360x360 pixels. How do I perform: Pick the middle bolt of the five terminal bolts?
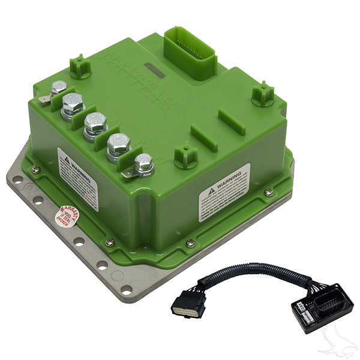tap(95, 123)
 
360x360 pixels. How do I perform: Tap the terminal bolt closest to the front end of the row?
tap(143, 163)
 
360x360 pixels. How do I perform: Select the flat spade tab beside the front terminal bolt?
tap(127, 174)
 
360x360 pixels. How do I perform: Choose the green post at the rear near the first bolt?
tap(79, 66)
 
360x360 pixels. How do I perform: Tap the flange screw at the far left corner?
tap(35, 169)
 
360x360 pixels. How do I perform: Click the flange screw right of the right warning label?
tap(269, 192)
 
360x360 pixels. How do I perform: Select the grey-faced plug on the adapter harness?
tap(188, 307)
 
